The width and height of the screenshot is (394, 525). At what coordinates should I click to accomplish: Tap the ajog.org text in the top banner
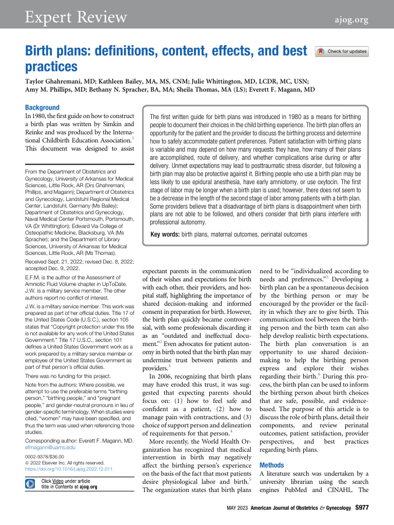(352, 19)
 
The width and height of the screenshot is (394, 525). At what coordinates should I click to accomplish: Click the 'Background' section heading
(43, 108)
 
